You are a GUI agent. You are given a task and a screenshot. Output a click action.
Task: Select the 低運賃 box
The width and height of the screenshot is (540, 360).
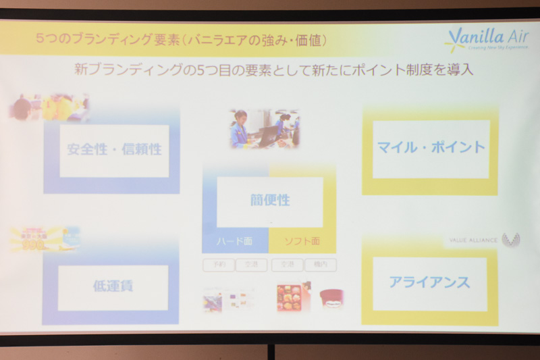(x=113, y=286)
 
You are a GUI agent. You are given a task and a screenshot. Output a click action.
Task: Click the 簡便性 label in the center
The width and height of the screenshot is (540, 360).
(x=269, y=201)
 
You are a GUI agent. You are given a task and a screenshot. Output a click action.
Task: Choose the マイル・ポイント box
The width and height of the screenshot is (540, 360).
(x=431, y=148)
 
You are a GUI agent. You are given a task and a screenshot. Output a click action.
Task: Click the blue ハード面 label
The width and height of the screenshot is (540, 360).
(x=234, y=241)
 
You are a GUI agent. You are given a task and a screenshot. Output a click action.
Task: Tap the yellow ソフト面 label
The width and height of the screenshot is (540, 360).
(x=302, y=241)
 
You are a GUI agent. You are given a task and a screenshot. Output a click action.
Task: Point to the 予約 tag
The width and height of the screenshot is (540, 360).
(x=219, y=265)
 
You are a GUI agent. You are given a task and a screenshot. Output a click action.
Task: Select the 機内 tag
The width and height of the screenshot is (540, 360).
(x=319, y=265)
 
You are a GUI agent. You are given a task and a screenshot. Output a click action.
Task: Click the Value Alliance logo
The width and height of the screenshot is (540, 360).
(x=482, y=240)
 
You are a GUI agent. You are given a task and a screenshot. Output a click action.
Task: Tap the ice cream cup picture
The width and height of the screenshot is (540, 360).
(x=331, y=298)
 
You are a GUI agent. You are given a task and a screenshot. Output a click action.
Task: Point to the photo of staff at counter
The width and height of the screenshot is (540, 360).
(x=264, y=129)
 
